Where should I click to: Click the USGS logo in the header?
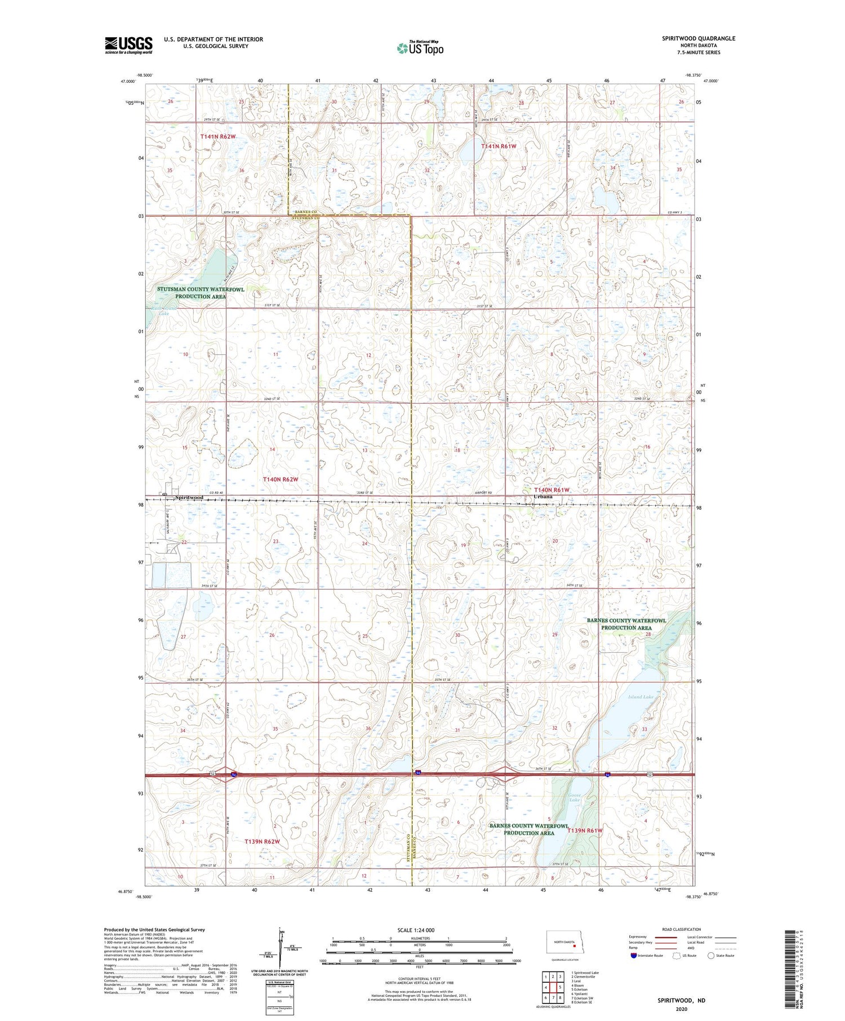[x=128, y=45]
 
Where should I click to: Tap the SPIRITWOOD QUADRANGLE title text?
[x=698, y=38]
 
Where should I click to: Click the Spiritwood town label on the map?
[x=189, y=498]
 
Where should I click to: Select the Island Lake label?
[x=641, y=697]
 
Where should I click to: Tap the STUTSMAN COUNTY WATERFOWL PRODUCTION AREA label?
[x=201, y=293]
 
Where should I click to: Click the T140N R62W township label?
[x=280, y=479]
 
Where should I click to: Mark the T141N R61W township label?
[x=499, y=146]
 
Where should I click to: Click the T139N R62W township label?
[x=262, y=841]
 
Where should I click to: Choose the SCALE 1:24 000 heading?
[x=416, y=930]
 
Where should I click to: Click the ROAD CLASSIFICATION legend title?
[x=681, y=929]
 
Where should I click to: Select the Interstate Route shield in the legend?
[x=634, y=955]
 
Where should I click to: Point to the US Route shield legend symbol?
[x=677, y=955]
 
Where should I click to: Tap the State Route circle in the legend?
[x=711, y=955]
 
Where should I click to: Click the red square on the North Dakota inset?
[x=567, y=946]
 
